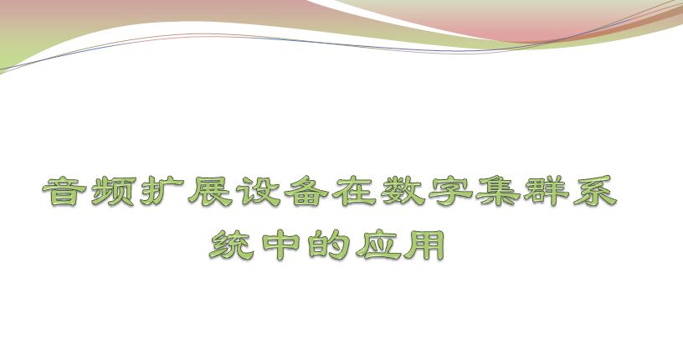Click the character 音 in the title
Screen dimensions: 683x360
(65, 191)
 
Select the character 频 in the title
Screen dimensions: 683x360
(113, 191)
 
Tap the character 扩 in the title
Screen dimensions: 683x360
(162, 191)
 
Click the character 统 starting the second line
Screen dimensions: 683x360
(230, 245)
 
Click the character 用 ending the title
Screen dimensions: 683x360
(424, 245)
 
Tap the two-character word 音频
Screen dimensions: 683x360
(89, 191)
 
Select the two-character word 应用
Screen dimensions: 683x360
(400, 245)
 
